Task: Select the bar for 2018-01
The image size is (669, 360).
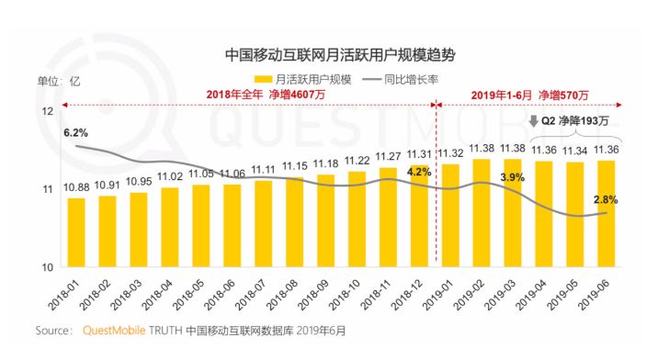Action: tap(76, 231)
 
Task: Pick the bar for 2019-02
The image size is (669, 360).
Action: tap(482, 212)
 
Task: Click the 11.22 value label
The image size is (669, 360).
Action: tap(357, 160)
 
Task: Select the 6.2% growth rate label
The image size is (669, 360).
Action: tap(75, 132)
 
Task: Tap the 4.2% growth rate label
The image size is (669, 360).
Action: tap(418, 172)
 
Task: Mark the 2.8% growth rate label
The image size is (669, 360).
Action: tap(606, 199)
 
